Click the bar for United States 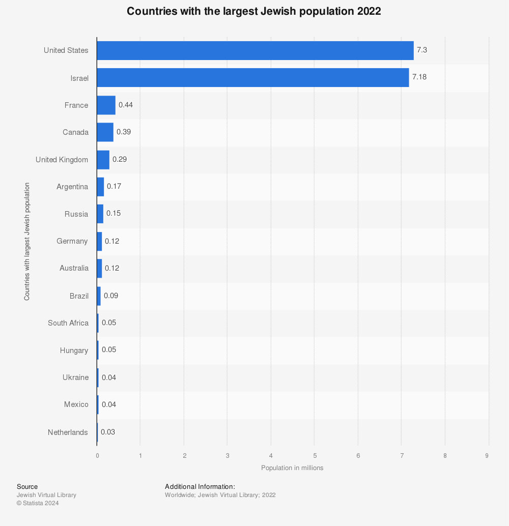[x=254, y=50]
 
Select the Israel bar [x=252, y=78]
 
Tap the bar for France [x=106, y=105]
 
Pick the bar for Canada [x=105, y=132]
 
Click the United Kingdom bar [x=103, y=160]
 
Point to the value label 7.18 [x=419, y=77]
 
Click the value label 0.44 [x=126, y=105]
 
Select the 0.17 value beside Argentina [x=114, y=186]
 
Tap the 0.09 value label [x=111, y=295]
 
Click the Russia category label [x=76, y=214]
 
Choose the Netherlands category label [x=68, y=432]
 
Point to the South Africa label [x=68, y=323]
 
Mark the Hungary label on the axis [x=74, y=350]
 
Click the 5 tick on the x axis [x=315, y=455]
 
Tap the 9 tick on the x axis [x=487, y=455]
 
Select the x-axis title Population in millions [x=292, y=467]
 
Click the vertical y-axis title [x=26, y=242]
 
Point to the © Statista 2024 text [x=38, y=503]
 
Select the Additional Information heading [x=200, y=487]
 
